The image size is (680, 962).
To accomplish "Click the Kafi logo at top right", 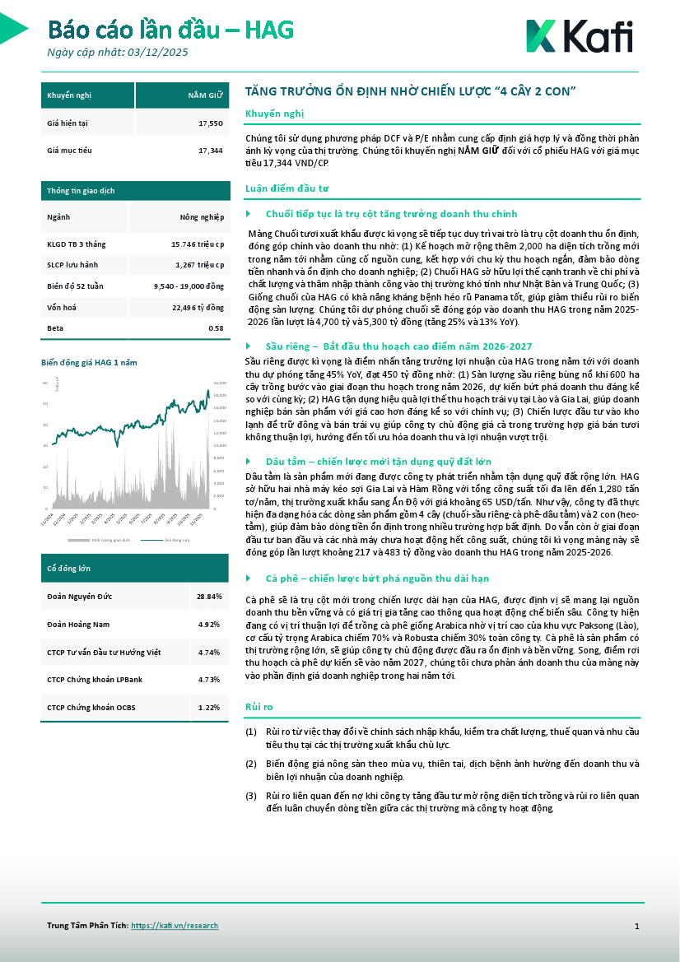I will pyautogui.click(x=579, y=37).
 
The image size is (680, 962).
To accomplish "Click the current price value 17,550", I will pyautogui.click(x=211, y=123).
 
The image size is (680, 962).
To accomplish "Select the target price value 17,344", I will pyautogui.click(x=211, y=151).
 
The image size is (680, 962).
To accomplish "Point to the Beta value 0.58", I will pyautogui.click(x=217, y=328).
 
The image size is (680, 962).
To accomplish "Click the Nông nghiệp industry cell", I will pyautogui.click(x=202, y=217).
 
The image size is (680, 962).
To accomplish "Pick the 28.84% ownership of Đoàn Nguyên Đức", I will pyautogui.click(x=208, y=595).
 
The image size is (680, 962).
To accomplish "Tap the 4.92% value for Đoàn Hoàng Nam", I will pyautogui.click(x=209, y=625).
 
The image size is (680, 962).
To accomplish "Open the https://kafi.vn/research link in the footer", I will pyautogui.click(x=175, y=926).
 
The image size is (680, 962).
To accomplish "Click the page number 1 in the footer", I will pyautogui.click(x=636, y=927).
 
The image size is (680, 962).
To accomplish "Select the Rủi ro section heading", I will pyautogui.click(x=259, y=707).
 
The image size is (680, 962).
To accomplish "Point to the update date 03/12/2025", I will pyautogui.click(x=159, y=53).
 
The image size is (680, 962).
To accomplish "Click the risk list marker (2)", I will pyautogui.click(x=251, y=763).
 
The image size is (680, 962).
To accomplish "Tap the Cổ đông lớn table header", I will pyautogui.click(x=69, y=567).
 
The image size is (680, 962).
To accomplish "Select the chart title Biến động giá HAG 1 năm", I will pyautogui.click(x=89, y=362).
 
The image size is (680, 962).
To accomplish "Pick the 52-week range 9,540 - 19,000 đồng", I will pyautogui.click(x=189, y=286).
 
